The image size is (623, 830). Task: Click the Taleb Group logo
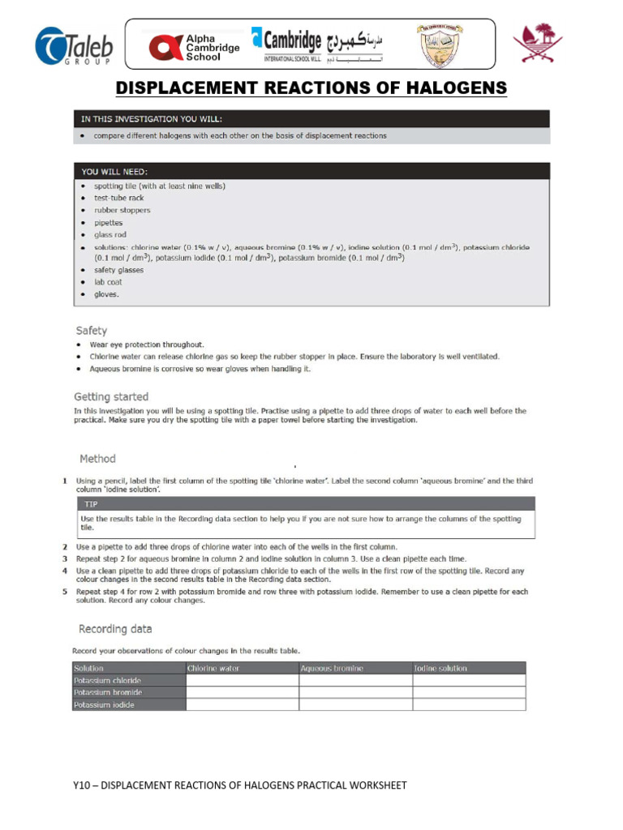[x=74, y=46]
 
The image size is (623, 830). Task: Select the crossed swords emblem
[x=538, y=45]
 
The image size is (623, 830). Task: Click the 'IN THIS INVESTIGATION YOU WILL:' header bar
[x=311, y=118]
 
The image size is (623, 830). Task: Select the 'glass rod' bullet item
[x=111, y=234]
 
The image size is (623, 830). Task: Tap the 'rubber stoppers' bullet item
[x=122, y=210]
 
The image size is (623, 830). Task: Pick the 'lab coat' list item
[x=108, y=282]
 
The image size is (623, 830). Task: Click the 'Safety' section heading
[x=92, y=331]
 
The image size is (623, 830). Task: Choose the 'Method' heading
[x=97, y=459]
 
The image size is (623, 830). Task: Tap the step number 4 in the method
[x=64, y=571]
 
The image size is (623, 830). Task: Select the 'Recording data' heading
[x=115, y=629]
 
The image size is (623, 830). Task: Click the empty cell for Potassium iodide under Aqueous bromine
[x=354, y=705]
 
